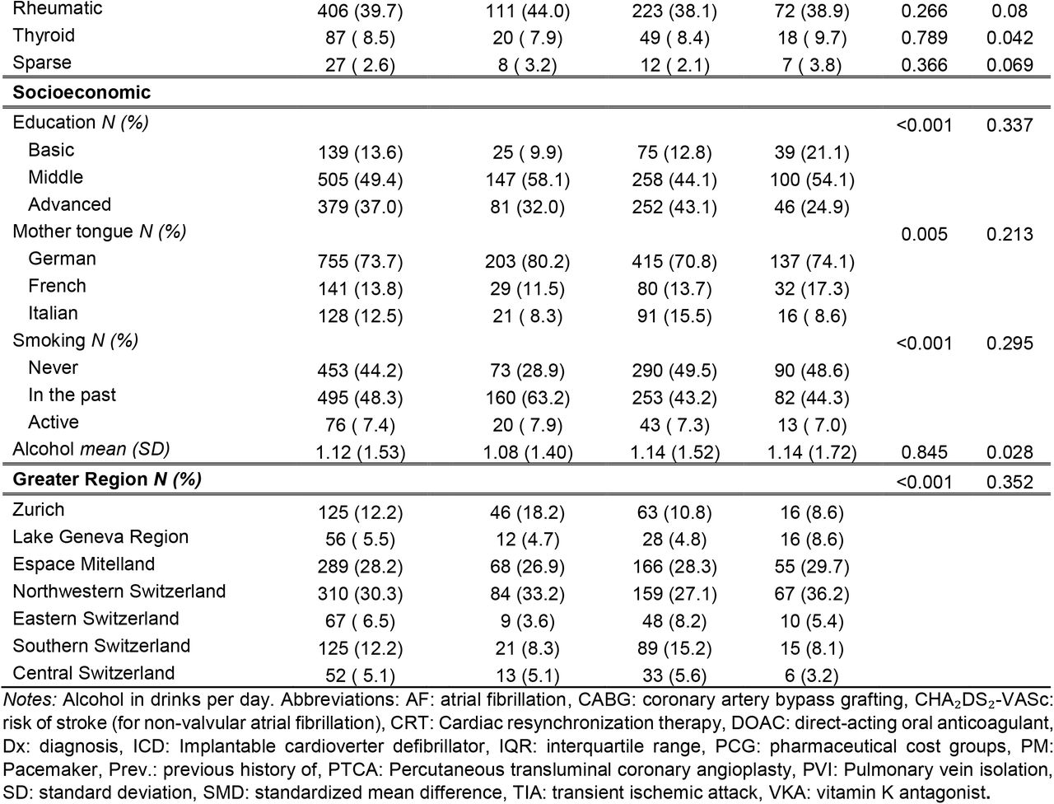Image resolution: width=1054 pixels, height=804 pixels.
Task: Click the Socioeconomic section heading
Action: (82, 92)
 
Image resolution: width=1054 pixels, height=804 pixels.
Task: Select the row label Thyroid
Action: (44, 35)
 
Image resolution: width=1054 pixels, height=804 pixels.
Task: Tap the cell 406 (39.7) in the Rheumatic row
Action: (360, 11)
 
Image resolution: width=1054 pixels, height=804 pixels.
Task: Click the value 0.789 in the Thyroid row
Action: (925, 37)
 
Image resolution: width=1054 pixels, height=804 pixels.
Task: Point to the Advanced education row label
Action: (70, 204)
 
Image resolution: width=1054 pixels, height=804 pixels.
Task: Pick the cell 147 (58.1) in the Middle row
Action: (528, 180)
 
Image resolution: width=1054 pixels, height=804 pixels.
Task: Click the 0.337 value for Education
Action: (1010, 125)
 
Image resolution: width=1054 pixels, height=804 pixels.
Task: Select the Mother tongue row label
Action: (100, 231)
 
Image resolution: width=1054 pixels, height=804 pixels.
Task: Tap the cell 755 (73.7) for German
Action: (360, 261)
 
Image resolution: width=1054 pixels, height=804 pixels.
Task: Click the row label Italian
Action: (53, 313)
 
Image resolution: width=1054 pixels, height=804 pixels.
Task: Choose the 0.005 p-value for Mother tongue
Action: (925, 235)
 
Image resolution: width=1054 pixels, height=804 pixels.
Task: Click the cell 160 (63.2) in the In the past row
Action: (528, 398)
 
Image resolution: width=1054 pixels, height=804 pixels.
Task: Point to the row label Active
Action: (54, 422)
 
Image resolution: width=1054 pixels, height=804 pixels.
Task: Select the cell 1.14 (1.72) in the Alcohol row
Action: (812, 452)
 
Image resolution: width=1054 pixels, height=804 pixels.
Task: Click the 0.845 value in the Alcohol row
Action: (925, 452)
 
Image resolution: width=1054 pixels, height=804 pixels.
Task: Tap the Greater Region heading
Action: (107, 479)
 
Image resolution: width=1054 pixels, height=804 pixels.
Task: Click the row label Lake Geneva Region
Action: (100, 537)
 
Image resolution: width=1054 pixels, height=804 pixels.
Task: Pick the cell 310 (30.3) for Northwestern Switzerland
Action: (360, 594)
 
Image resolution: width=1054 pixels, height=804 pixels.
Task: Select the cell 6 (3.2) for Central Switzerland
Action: (812, 675)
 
